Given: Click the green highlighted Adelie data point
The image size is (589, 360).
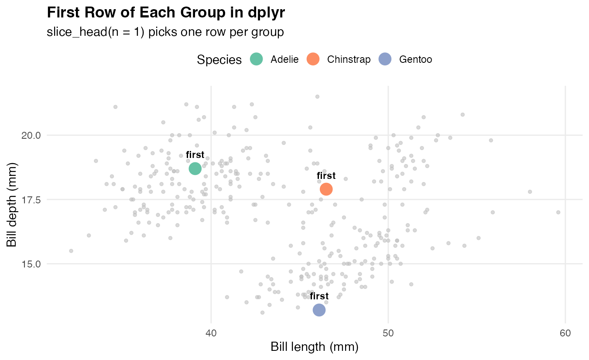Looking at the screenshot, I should click(x=195, y=168).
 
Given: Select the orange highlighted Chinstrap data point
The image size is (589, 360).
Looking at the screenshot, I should click(x=326, y=189).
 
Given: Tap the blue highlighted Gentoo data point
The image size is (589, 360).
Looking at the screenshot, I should click(x=319, y=310).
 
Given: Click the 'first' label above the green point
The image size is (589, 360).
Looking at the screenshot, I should click(x=195, y=155).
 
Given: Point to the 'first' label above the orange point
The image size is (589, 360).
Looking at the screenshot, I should click(x=326, y=176).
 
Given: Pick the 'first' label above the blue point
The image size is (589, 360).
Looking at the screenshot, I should click(x=319, y=297).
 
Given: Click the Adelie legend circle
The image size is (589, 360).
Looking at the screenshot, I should click(x=257, y=59).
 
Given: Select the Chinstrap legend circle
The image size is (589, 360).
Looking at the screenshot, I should click(x=313, y=59).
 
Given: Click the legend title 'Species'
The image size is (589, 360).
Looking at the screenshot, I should click(x=219, y=60).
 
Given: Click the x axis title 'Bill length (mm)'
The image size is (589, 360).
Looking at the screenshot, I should click(x=314, y=347).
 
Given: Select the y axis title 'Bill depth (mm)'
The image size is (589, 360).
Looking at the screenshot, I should click(x=12, y=205).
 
